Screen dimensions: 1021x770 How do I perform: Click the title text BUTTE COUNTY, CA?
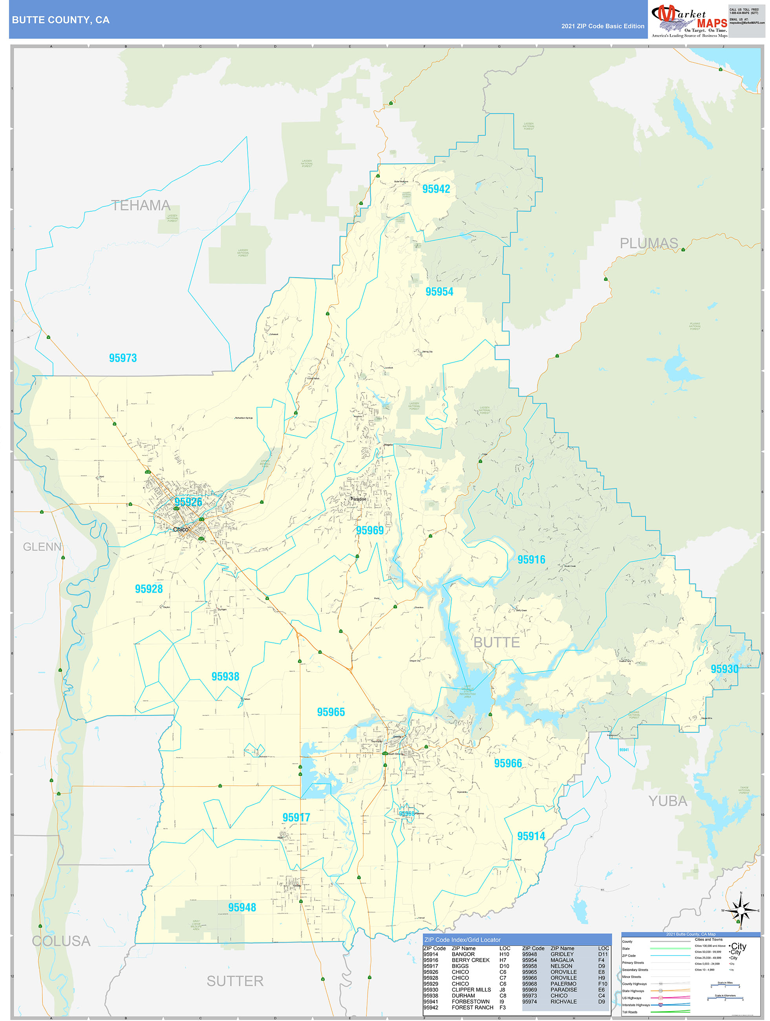(x=60, y=20)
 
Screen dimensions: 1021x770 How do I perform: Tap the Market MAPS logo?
(x=689, y=21)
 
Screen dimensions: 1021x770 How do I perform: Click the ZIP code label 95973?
(x=123, y=358)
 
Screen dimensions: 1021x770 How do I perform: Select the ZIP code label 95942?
(x=436, y=189)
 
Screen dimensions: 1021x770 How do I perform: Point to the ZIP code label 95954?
(x=439, y=292)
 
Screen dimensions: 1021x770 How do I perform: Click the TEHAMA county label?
(x=141, y=205)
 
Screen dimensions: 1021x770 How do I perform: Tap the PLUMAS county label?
(x=648, y=243)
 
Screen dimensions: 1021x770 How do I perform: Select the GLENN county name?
(x=42, y=547)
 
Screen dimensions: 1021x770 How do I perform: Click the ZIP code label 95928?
(x=149, y=589)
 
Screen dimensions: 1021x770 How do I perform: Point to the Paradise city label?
(x=358, y=499)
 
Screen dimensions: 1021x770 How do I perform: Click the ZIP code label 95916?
(x=531, y=560)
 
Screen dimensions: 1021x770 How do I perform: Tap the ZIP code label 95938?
(x=225, y=677)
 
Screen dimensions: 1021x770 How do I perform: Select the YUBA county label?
(x=668, y=801)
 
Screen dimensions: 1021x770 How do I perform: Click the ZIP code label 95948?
(x=242, y=908)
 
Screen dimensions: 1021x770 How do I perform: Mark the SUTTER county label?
(x=234, y=981)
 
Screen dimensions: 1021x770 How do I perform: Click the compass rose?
(x=741, y=911)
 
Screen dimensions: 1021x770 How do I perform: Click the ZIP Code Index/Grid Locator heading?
(x=462, y=940)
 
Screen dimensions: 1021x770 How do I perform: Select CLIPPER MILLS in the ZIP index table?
(x=471, y=990)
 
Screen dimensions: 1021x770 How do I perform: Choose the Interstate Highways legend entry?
(x=636, y=1005)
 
